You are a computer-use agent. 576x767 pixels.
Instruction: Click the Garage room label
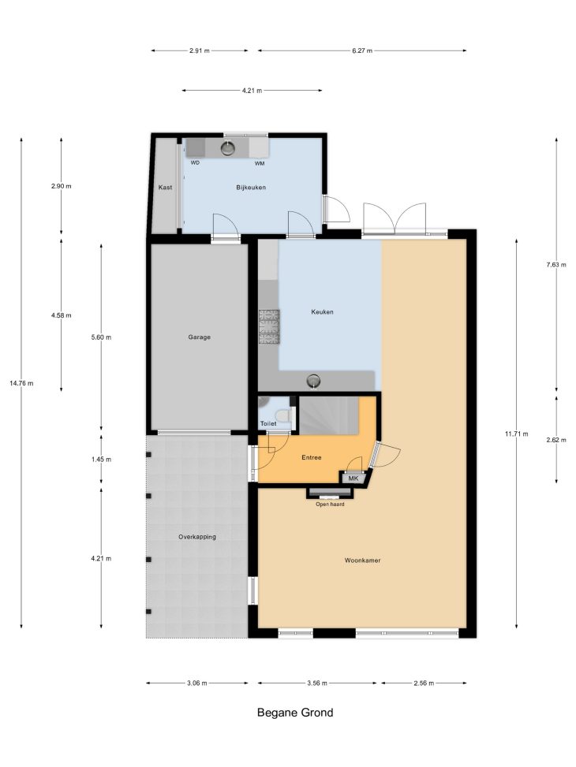coord(200,337)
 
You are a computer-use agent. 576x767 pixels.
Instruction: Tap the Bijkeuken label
coord(251,188)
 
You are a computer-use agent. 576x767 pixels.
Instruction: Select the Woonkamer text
coord(362,560)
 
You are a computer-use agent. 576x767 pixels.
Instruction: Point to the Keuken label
coord(322,311)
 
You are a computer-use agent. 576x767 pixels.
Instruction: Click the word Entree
coord(312,457)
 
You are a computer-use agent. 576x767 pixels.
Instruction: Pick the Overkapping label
coord(197,537)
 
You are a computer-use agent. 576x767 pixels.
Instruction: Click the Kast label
coord(165,188)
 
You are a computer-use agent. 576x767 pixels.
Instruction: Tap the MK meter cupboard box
coord(353,478)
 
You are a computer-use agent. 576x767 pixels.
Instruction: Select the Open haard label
coord(330,505)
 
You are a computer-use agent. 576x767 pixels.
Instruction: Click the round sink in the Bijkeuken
coord(228,147)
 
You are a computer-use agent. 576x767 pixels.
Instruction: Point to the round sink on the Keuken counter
coord(313,381)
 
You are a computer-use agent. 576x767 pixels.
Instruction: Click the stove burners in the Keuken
coord(269,328)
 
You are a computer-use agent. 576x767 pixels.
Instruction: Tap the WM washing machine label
coord(260,163)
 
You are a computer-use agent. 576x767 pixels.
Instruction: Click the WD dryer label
coord(195,163)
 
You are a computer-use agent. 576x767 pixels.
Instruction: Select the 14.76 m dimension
coord(21,383)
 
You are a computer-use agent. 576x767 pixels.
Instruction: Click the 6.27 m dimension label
coord(362,50)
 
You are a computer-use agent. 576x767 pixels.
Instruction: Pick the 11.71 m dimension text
coord(517,434)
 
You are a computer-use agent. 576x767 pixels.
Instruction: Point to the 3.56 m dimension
coord(317,683)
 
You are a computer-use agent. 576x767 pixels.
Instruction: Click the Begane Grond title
coord(295,713)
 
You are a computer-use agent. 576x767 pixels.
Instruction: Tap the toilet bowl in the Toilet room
coord(283,415)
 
